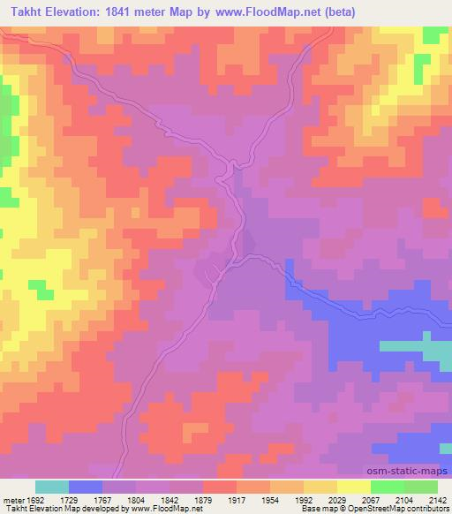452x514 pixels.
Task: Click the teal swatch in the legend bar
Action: (x=51, y=487)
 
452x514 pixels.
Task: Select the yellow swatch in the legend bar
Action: (x=353, y=487)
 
